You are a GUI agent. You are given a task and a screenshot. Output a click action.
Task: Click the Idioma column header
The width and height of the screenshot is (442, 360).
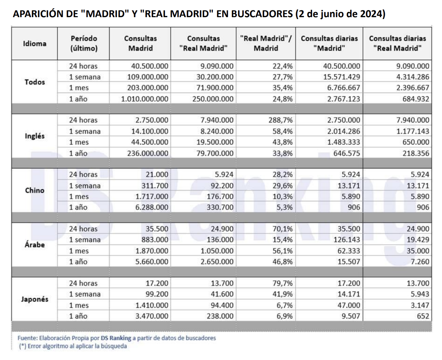[x=35, y=43]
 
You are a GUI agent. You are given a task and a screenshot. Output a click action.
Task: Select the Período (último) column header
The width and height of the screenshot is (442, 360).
[x=84, y=43]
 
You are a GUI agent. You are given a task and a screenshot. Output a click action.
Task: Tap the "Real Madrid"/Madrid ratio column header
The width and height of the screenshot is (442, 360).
[x=266, y=43]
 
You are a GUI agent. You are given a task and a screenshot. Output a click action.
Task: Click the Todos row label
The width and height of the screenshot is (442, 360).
[x=35, y=82]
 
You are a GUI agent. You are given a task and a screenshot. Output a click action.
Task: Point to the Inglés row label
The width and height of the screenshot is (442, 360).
[x=35, y=136]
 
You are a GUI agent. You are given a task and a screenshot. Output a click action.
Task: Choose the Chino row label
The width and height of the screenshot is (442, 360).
[x=35, y=190]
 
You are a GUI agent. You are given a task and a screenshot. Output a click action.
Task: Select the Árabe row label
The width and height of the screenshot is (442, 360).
[x=35, y=245]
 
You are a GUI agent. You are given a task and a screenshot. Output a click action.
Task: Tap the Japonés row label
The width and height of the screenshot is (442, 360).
[x=35, y=299]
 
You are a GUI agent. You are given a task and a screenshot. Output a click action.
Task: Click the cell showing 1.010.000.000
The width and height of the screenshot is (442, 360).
[x=145, y=99]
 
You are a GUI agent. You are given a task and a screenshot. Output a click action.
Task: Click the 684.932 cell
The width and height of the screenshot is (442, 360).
[x=414, y=99]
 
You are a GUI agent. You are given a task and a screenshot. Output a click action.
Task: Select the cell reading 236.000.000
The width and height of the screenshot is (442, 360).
[x=147, y=153]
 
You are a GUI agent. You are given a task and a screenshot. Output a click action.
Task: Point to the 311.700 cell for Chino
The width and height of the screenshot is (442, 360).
[x=155, y=186]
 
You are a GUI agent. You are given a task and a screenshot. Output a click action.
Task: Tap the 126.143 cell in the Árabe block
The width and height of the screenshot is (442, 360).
[x=347, y=240]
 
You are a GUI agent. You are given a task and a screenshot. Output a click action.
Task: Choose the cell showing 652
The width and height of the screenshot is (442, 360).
[x=423, y=316]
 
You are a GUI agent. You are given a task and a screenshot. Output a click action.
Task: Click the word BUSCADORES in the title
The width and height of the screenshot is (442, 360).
[x=261, y=15]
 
